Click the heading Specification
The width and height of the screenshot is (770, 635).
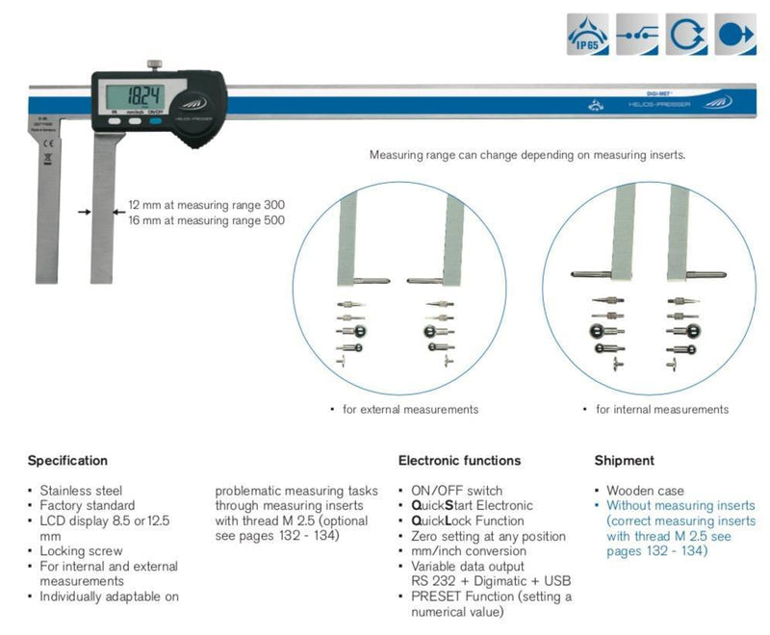pos(67,461)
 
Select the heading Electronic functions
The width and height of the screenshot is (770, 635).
pos(459,461)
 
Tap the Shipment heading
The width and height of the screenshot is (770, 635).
pos(624,461)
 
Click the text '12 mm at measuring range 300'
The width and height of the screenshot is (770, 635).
pos(207,205)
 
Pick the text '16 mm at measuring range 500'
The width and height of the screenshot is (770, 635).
pos(207,220)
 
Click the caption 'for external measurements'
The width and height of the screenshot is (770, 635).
pos(410,409)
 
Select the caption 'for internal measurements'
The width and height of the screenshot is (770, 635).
pos(662,409)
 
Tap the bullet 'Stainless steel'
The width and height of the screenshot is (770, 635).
pos(81,491)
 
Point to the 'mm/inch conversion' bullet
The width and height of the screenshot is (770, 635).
pos(468,551)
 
